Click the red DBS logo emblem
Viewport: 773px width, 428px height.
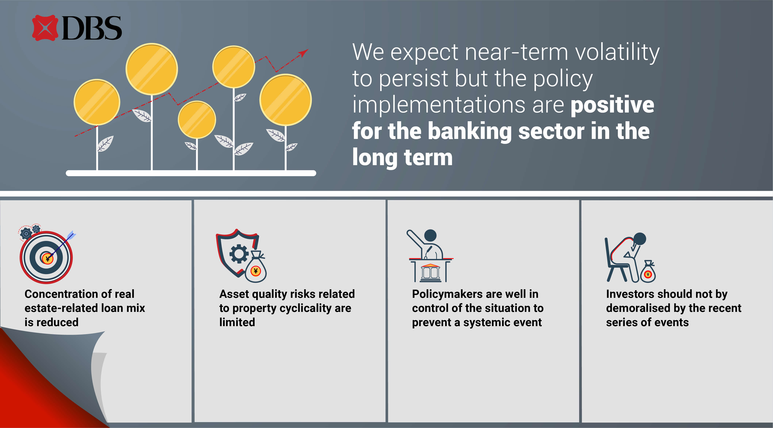45,28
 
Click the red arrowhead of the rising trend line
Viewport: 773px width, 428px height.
304,53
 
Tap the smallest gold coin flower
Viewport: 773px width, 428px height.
197,120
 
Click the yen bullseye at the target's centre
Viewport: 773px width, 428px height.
47,258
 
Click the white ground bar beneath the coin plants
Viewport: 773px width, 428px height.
191,173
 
